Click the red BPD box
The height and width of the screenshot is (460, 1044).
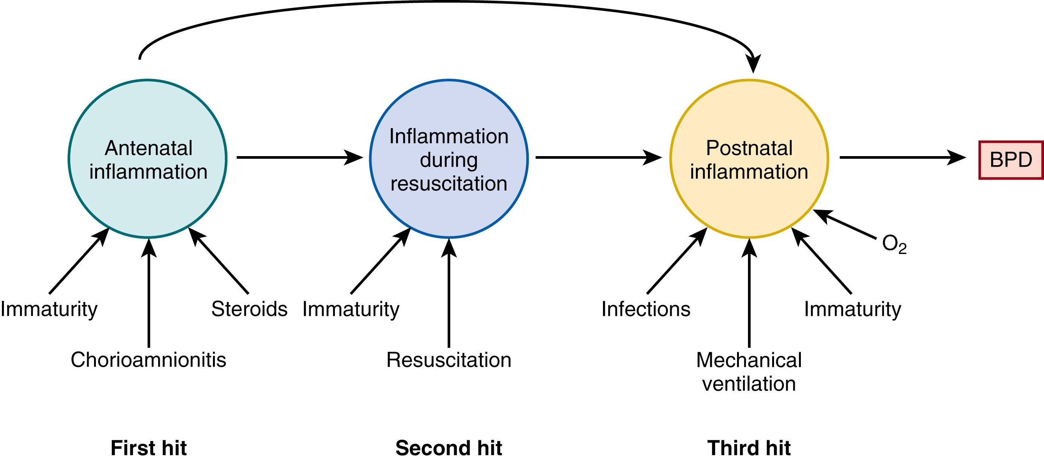point(1011,160)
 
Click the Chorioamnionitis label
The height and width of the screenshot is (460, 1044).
point(148,360)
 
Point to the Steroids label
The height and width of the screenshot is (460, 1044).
point(249,309)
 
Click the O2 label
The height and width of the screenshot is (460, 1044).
point(894,245)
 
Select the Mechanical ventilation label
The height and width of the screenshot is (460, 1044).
point(749,372)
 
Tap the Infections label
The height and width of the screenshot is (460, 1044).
point(646,309)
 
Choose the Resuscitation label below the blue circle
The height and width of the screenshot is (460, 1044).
point(449,360)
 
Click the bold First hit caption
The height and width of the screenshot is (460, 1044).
point(148,448)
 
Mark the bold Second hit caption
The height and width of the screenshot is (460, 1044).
point(449,448)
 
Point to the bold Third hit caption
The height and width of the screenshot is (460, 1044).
point(749,448)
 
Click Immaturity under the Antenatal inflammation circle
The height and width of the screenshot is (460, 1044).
point(49,309)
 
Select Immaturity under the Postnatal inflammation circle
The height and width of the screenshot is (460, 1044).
point(853,309)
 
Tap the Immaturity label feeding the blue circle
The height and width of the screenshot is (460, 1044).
point(351,309)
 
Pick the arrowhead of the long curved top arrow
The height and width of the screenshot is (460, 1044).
point(753,65)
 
